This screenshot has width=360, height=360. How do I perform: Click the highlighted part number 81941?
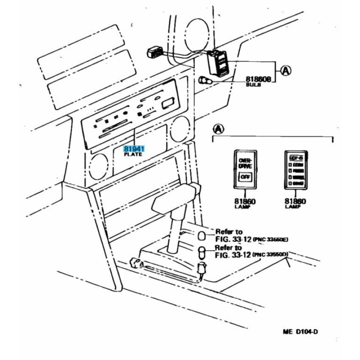(x=134, y=149)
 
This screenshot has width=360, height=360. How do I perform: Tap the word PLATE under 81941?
(x=133, y=155)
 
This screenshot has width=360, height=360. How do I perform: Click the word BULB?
(x=253, y=85)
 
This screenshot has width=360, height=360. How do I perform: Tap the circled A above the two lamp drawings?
(x=218, y=128)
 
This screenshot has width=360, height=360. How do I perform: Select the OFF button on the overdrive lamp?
(x=245, y=177)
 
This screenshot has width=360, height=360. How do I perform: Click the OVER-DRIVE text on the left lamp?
(x=245, y=163)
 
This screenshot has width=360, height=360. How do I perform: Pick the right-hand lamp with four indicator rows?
(x=296, y=170)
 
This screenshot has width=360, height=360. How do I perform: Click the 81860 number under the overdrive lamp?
(x=245, y=202)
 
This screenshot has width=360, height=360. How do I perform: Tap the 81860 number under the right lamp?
(x=295, y=202)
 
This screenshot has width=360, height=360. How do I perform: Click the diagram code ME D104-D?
(x=300, y=331)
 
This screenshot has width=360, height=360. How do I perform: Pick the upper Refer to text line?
(x=229, y=232)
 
